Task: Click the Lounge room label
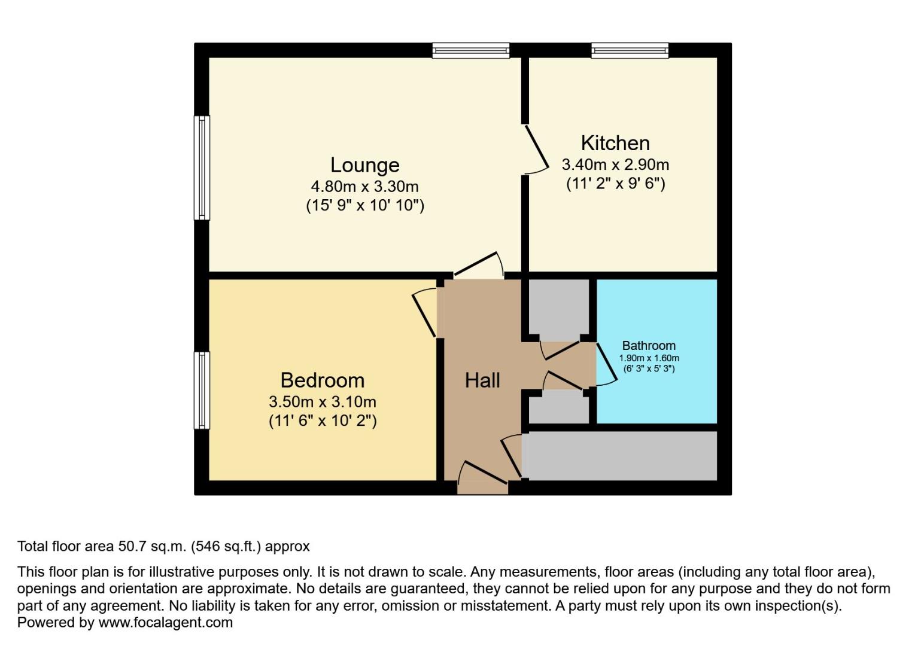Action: click(364, 164)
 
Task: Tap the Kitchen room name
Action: click(615, 143)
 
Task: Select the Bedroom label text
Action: click(322, 380)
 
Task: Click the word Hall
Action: click(482, 380)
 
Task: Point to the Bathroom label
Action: click(649, 345)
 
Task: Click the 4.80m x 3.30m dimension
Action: click(364, 186)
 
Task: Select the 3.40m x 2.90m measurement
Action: click(615, 164)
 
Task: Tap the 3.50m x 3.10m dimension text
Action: click(322, 401)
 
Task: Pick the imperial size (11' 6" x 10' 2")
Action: click(322, 420)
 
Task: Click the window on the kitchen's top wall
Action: click(630, 50)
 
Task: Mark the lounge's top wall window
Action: click(471, 50)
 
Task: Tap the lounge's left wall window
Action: click(202, 167)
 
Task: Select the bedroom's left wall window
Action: click(202, 390)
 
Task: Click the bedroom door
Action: click(425, 313)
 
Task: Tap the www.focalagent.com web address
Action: click(165, 622)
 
